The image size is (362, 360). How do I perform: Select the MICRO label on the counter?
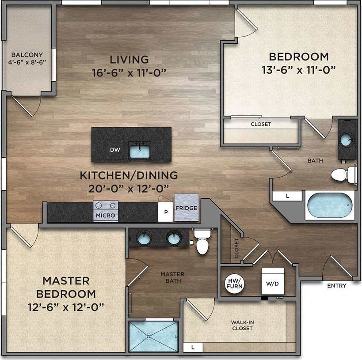(106, 216)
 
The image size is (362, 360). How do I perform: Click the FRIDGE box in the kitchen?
(186, 208)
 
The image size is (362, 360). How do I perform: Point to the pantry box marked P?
(166, 212)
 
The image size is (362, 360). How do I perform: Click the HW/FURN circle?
(234, 283)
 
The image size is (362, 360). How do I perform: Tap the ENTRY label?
(336, 286)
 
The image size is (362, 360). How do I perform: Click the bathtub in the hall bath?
(330, 205)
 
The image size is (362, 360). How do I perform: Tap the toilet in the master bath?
(203, 243)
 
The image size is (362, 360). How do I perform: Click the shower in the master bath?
(153, 337)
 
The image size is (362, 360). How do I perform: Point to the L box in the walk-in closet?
(193, 347)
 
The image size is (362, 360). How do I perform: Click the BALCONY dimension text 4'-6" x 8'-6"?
(27, 63)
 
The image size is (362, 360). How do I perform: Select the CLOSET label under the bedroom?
(261, 124)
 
